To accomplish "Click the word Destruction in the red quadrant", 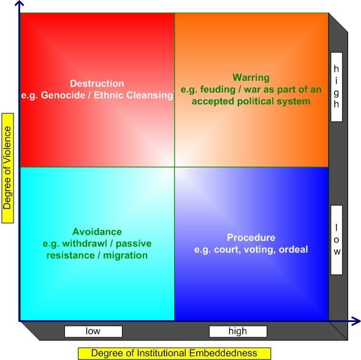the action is pyautogui.click(x=97, y=83).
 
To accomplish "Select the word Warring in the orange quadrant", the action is pyautogui.click(x=251, y=78).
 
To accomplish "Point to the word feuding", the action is pyautogui.click(x=218, y=90).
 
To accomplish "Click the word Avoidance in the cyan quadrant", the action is pyautogui.click(x=97, y=232).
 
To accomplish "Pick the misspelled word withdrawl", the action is pyautogui.click(x=85, y=243).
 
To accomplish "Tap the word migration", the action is pyautogui.click(x=126, y=255).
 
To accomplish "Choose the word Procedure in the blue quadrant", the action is pyautogui.click(x=251, y=238).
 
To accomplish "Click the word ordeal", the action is pyautogui.click(x=294, y=250).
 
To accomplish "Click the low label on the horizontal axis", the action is pyautogui.click(x=93, y=331).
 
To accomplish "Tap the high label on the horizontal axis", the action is pyautogui.click(x=238, y=331).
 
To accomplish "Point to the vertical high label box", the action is pyautogui.click(x=336, y=87).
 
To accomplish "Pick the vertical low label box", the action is pyautogui.click(x=336, y=240).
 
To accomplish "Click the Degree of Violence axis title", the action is pyautogui.click(x=7, y=168).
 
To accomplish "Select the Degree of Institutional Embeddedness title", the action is pyautogui.click(x=174, y=353).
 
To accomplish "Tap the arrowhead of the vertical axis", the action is pyautogui.click(x=20, y=3).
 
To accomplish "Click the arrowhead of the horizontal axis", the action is pyautogui.click(x=356, y=321).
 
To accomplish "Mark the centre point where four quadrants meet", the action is pyautogui.click(x=174, y=167).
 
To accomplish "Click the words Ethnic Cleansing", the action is pyautogui.click(x=133, y=95).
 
